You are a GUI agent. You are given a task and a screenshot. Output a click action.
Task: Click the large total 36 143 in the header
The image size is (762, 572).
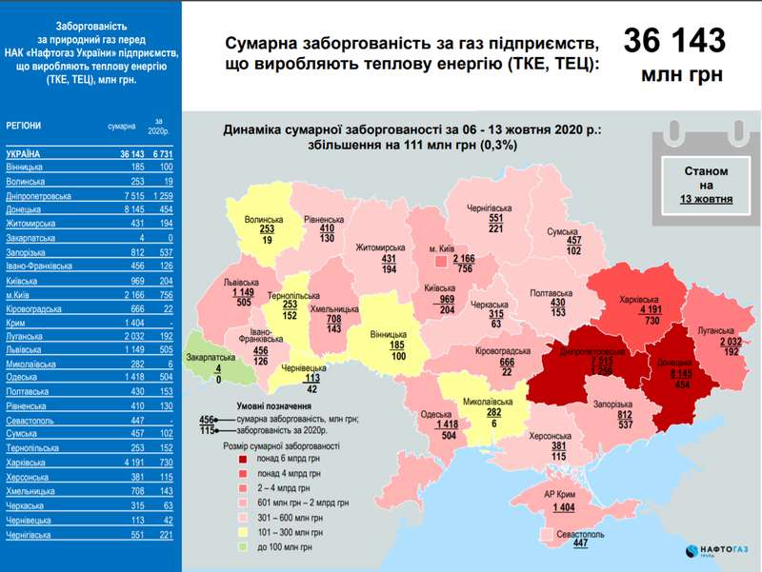click(673, 40)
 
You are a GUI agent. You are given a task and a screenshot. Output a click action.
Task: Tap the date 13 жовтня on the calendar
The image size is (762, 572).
click(706, 200)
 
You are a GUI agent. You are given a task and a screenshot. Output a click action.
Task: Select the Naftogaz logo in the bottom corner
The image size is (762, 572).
click(715, 551)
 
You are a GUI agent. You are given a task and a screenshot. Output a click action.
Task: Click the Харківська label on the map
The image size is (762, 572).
click(638, 300)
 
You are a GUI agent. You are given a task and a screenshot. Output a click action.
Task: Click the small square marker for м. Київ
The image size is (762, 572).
click(439, 259)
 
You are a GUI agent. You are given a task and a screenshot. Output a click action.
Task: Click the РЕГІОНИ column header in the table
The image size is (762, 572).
click(23, 126)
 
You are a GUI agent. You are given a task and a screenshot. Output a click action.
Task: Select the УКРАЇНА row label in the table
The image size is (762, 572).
click(23, 154)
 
